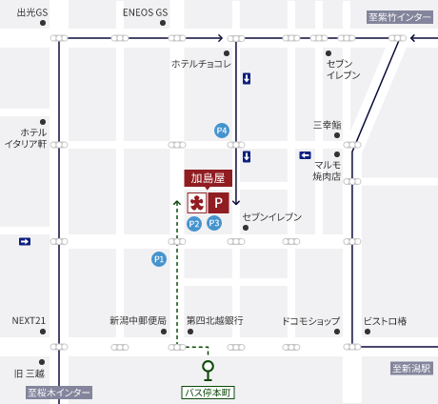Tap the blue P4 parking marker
pos(222,130)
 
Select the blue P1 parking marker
pos(159,258)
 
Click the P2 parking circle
pos(194,224)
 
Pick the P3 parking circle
pos(214,223)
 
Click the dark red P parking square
pos(218,202)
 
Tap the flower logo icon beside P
pos(196,202)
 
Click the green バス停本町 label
pos(208,392)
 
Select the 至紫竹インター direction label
pos(400,17)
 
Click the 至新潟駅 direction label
pos(411,368)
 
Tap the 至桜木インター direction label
pos(59,392)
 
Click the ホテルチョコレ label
pos(201,64)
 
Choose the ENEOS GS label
pos(145,12)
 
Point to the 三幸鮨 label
pos(327,125)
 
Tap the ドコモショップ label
pos(310,320)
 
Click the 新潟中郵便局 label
pos(137,320)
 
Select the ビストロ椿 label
pos(385,320)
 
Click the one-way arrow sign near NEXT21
pos(25,242)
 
